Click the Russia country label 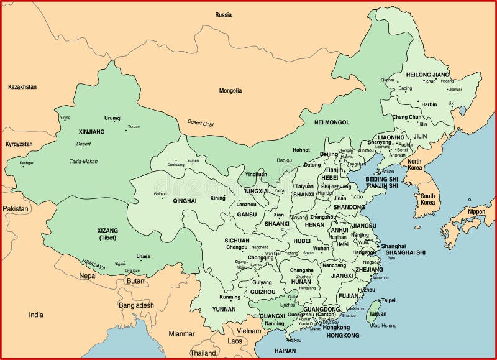(223, 14)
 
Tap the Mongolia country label (230, 90)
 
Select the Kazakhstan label (22, 87)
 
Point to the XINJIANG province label (92, 132)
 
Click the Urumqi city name (113, 118)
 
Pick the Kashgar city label (26, 163)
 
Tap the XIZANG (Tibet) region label (107, 234)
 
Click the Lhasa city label (144, 256)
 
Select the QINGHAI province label (167, 201)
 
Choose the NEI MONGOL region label (332, 122)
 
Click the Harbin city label (429, 104)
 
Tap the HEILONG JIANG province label (427, 75)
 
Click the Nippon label (476, 211)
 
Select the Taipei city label (388, 300)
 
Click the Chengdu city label (237, 247)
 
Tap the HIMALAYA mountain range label (94, 264)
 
